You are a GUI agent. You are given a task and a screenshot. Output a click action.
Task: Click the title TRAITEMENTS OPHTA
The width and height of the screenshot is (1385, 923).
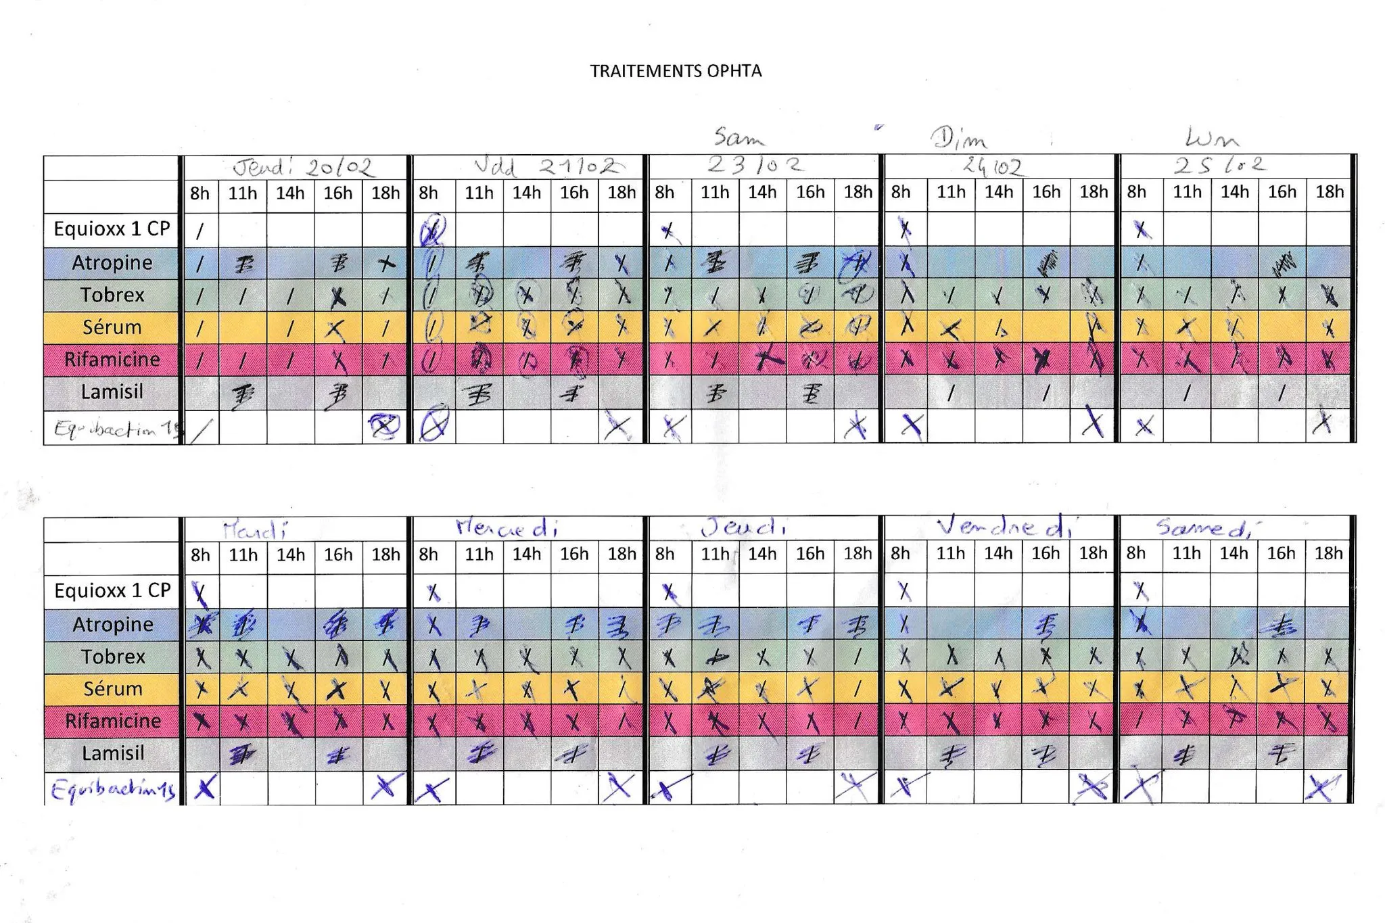[x=676, y=71]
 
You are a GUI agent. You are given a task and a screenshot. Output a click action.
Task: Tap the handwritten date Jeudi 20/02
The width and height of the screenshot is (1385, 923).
[x=302, y=167]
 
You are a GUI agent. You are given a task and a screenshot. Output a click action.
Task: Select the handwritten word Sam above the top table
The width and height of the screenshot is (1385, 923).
[x=739, y=138]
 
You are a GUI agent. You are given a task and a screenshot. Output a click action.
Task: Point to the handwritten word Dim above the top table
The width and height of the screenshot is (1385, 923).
[x=959, y=139]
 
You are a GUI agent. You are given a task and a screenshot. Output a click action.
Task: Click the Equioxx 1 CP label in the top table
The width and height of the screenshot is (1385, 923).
[x=112, y=229]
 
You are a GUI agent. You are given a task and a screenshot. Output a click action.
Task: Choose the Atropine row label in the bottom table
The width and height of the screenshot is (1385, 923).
[x=113, y=624]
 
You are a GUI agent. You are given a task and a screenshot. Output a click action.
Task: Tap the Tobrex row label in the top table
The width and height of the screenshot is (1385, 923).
[x=112, y=295]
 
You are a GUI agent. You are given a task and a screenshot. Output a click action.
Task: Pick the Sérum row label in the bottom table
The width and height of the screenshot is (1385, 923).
[x=113, y=688]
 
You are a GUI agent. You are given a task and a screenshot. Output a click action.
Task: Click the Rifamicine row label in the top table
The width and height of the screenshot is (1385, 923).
[x=112, y=359]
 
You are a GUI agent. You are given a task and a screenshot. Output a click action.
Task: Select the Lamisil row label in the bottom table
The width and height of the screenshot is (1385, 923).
[x=113, y=753]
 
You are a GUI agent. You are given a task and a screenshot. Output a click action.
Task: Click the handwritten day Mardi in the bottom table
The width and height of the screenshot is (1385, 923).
[x=254, y=529]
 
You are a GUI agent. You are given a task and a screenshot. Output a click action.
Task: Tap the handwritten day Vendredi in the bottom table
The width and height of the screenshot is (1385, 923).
[x=1005, y=527]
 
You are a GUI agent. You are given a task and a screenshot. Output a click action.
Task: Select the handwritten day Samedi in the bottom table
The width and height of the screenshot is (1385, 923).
[x=1204, y=527]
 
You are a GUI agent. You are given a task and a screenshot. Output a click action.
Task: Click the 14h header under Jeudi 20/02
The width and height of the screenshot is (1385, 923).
[x=290, y=193]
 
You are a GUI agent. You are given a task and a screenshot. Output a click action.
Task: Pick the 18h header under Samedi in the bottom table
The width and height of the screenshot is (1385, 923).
[x=1328, y=553]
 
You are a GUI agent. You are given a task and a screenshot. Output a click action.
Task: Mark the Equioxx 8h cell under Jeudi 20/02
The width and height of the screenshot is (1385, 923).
[x=200, y=230]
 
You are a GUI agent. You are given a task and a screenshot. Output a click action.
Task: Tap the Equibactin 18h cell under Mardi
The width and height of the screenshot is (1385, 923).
[x=385, y=787]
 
